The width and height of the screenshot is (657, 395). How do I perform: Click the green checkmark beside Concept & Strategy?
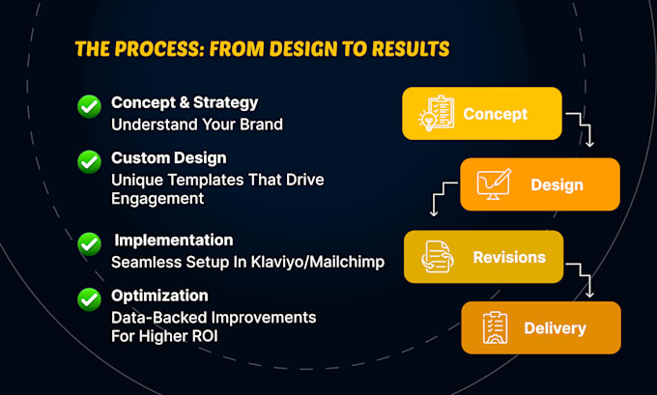[x=89, y=106]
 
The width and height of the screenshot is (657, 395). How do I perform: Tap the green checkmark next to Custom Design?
[x=89, y=161]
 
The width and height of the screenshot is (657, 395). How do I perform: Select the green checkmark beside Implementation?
[x=89, y=243]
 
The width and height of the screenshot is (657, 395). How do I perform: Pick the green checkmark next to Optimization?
[x=89, y=299]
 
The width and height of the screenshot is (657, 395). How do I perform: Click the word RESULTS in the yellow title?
[x=411, y=49]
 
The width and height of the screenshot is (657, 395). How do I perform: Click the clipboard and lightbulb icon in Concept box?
[x=437, y=113]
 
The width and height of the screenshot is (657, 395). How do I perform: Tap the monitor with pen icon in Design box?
[x=494, y=184]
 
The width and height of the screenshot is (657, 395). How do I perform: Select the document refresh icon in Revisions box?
[x=437, y=257]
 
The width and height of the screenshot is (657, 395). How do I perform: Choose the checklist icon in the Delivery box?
[x=495, y=327]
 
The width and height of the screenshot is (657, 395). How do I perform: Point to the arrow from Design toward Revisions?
[x=443, y=195]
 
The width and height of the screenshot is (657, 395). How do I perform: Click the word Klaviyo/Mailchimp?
[x=318, y=263]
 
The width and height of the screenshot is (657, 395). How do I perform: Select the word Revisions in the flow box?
[x=509, y=257]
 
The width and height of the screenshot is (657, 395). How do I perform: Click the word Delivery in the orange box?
[x=555, y=328]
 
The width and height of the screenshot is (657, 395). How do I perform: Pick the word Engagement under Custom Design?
[x=157, y=199]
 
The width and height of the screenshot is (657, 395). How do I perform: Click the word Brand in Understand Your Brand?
[x=261, y=125]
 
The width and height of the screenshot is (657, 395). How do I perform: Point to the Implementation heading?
[x=174, y=240]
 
